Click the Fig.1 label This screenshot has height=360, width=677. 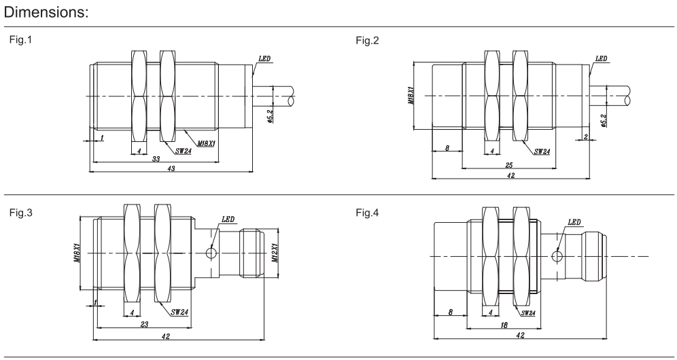[20, 40]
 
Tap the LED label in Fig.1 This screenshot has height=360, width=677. [264, 58]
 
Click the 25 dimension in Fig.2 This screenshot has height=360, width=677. [510, 165]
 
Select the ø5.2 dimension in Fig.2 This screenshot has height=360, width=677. [604, 120]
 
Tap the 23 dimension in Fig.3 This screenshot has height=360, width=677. [144, 325]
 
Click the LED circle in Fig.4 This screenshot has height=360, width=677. [559, 256]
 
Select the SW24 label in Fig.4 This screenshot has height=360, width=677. [527, 312]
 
